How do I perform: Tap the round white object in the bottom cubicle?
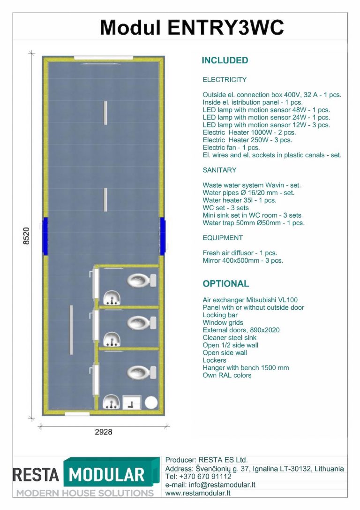pyautogui.click(x=151, y=402)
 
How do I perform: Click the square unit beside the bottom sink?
pyautogui.click(x=131, y=403)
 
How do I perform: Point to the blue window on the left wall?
pyautogui.click(x=45, y=236)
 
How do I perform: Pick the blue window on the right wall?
pyautogui.click(x=162, y=236)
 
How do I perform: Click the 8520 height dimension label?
pyautogui.click(x=26, y=236)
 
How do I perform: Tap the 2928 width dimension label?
pyautogui.click(x=103, y=432)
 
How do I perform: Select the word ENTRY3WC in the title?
pyautogui.click(x=225, y=28)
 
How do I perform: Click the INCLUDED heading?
pyautogui.click(x=225, y=61)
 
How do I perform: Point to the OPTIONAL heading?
pyautogui.click(x=225, y=284)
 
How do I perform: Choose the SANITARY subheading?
pyautogui.click(x=219, y=170)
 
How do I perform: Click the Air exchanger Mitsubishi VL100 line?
pyautogui.click(x=250, y=300)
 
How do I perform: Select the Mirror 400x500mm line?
pyautogui.click(x=242, y=260)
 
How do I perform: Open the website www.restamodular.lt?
pyautogui.click(x=197, y=493)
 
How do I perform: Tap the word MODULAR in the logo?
pyautogui.click(x=107, y=475)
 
